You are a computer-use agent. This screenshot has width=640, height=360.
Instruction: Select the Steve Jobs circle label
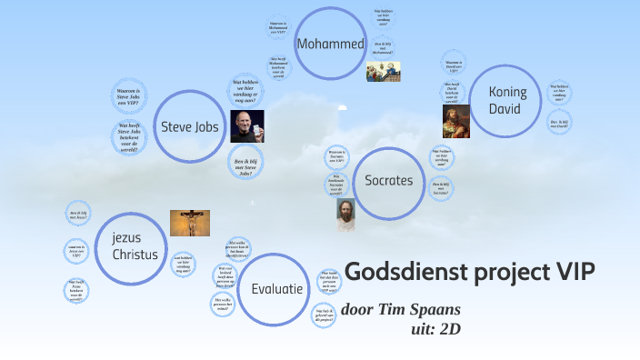189,126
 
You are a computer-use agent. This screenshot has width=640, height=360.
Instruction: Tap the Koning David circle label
506,100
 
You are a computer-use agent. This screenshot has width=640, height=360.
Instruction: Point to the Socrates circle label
388,180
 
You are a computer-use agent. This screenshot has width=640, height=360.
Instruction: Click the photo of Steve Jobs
246,126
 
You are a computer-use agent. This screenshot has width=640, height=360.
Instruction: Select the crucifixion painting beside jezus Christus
190,224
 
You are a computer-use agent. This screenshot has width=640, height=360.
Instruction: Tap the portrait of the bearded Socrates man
345,215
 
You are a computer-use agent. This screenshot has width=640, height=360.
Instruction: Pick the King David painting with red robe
455,120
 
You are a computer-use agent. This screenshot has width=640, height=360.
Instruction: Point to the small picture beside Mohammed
383,72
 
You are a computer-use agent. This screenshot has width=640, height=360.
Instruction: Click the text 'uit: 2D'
436,328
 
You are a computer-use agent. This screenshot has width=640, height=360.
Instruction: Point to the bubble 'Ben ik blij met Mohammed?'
382,46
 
